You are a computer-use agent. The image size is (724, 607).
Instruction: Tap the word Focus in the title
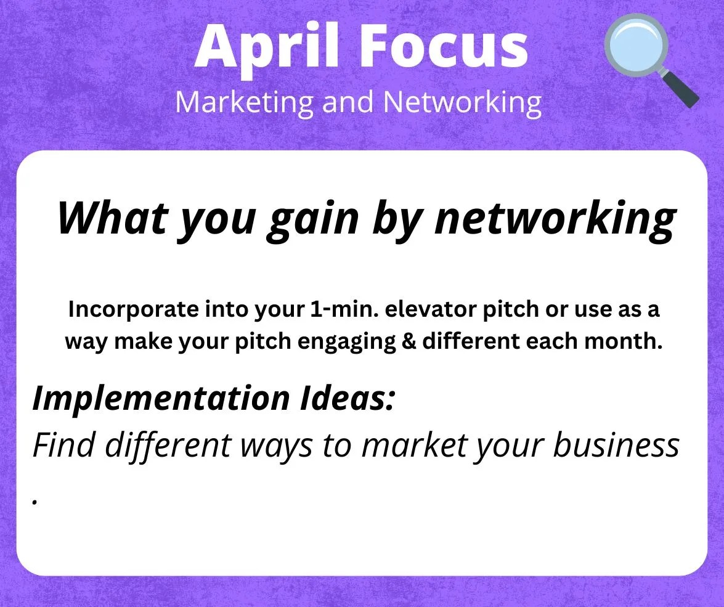coord(444,46)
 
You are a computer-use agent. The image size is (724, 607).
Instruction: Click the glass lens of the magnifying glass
coord(636,45)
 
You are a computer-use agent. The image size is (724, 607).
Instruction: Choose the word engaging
coord(346,343)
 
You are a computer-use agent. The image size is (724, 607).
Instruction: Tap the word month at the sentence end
coord(624,341)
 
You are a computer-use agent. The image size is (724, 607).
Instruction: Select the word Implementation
coord(161,398)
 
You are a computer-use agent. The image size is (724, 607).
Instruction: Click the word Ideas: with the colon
coord(348,397)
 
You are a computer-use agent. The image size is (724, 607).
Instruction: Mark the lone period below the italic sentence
coord(35,501)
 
